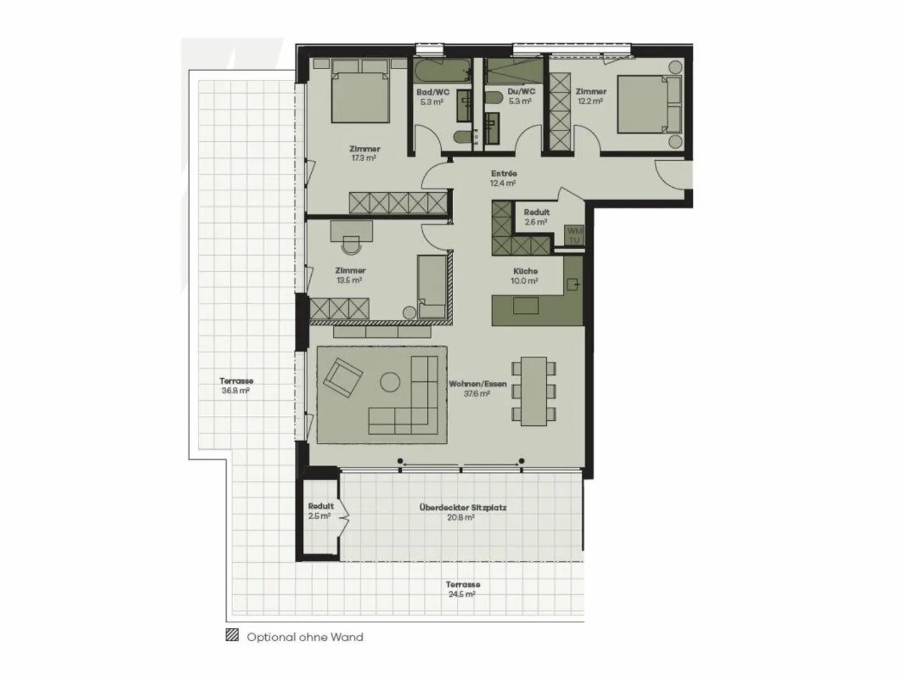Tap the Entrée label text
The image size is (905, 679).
coord(503,174)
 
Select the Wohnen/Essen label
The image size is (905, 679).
coord(477,384)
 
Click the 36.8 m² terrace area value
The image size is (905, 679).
coord(236,391)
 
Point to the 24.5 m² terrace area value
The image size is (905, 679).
coord(462,594)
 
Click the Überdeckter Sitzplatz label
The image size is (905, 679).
coord(463,508)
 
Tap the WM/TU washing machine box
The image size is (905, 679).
coord(574,236)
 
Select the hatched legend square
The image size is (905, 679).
coord(233,636)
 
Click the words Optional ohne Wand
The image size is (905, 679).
coord(305,637)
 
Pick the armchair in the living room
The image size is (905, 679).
coord(343,378)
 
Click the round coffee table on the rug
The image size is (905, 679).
coord(390,382)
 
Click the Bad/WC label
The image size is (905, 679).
coord(432,92)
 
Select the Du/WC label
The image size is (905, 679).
coord(521,92)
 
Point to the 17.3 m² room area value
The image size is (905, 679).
coord(365,158)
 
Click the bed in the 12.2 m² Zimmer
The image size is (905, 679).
coord(647,105)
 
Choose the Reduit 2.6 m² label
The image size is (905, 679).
coord(536,212)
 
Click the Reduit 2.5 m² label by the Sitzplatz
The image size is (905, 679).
coord(321,506)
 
